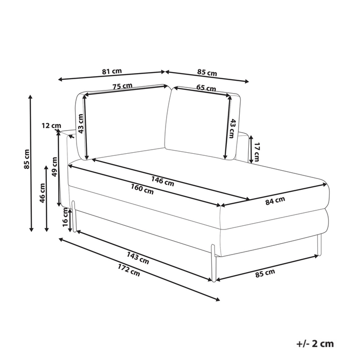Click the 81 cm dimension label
[112, 71]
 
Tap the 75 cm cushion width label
[122, 86]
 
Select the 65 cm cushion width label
[206, 88]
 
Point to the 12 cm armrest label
[51, 125]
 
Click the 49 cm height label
[55, 167]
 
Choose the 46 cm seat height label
[43, 193]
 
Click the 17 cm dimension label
[257, 152]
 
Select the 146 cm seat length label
[163, 181]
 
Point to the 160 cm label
[142, 189]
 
